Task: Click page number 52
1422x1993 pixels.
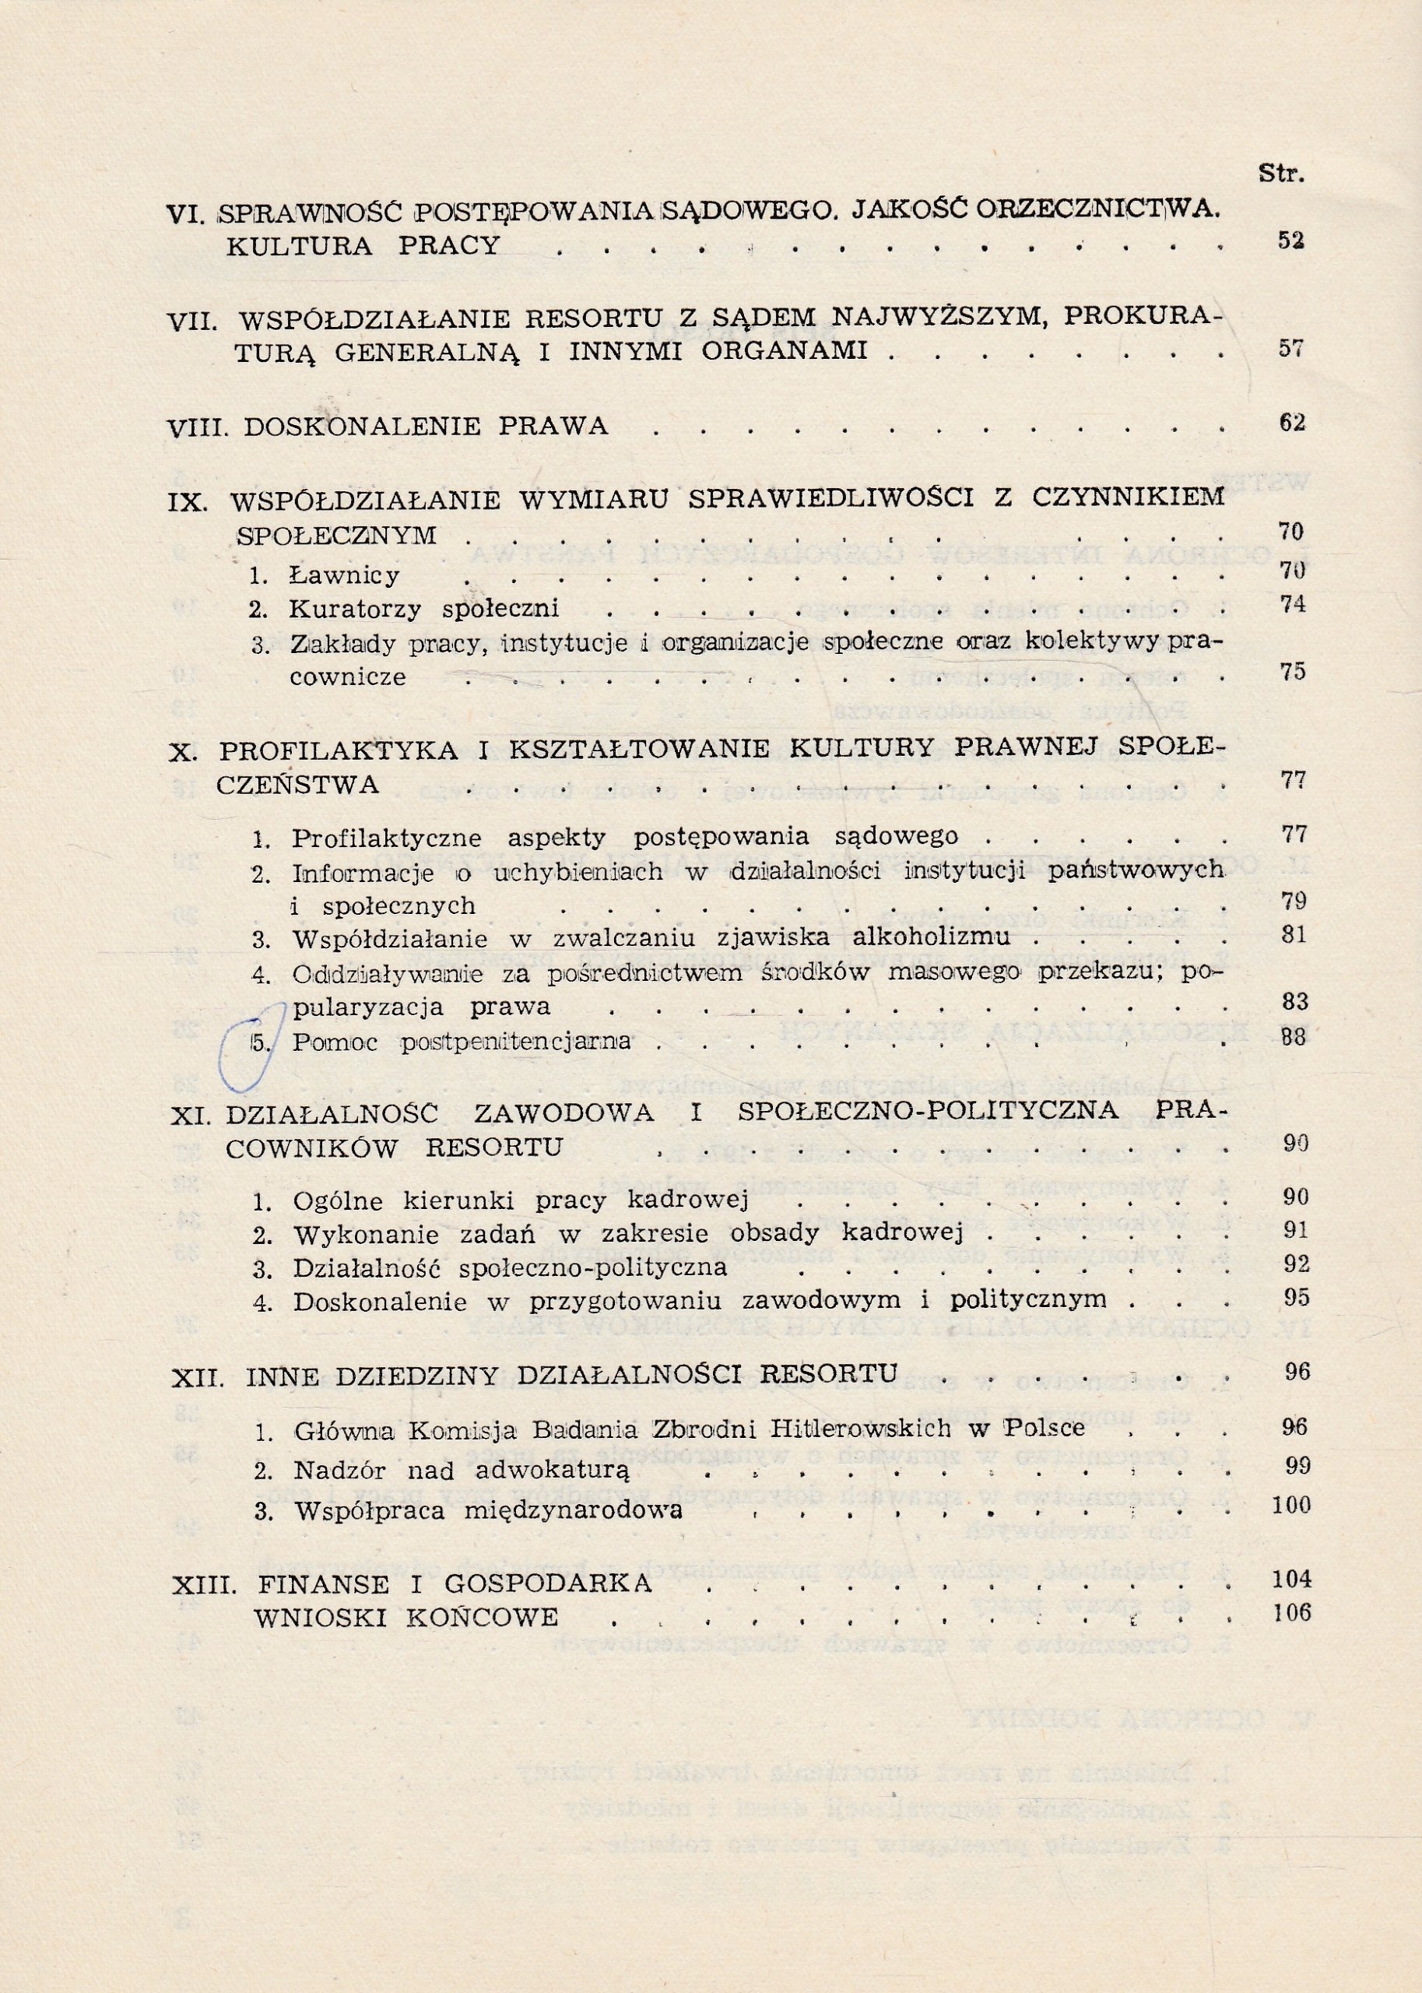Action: [x=1290, y=241]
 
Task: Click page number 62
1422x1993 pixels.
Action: [x=1291, y=422]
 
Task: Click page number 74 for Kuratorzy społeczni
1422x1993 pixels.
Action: [x=1292, y=605]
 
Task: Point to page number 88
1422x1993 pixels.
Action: [x=1292, y=1038]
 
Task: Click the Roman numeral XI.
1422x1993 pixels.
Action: [x=189, y=1114]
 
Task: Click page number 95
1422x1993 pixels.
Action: [x=1294, y=1295]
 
